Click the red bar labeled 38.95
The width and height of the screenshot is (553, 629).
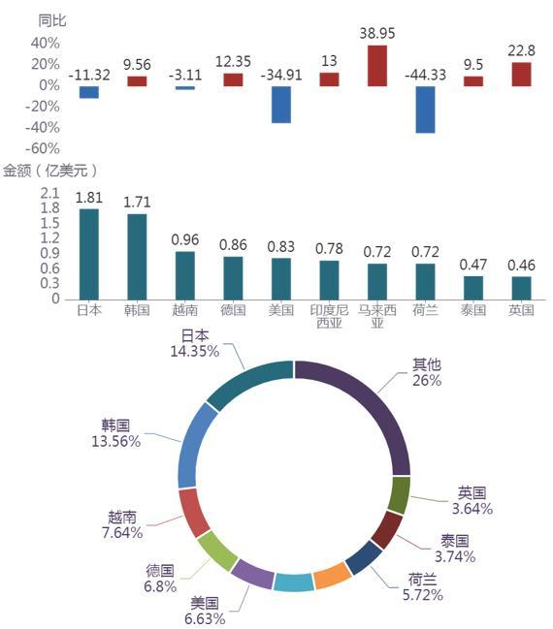point(377,65)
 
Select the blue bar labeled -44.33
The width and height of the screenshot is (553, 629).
point(425,110)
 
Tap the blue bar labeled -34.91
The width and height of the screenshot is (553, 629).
point(281,105)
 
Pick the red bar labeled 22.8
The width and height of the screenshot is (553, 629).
point(521,75)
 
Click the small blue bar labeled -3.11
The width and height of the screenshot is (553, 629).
point(185,88)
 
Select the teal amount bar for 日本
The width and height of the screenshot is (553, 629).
point(89,254)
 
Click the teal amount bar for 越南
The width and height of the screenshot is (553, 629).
point(185,275)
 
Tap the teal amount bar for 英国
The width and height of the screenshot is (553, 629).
point(521,288)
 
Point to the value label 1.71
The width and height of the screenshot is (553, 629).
point(137,203)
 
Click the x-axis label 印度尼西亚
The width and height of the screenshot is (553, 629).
point(329,316)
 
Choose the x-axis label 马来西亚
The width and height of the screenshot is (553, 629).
point(377,316)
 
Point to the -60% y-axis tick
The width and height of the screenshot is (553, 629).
point(42,149)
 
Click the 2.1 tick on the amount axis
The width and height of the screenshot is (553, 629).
point(49,194)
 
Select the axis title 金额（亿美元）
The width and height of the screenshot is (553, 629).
point(49,171)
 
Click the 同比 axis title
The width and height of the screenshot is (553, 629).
point(52,20)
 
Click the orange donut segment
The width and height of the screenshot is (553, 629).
point(332,576)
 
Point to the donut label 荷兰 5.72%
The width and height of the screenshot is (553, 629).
point(422,587)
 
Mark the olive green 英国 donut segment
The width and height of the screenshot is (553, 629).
point(400,495)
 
